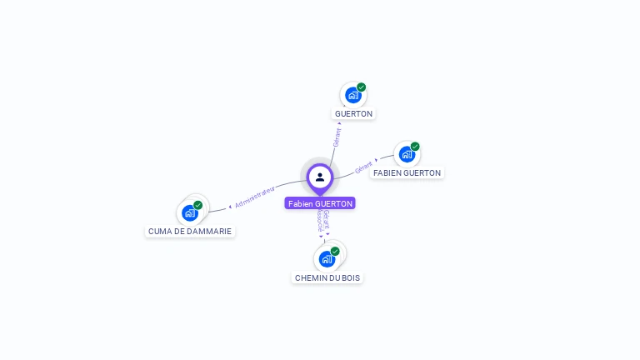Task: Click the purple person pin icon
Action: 320,177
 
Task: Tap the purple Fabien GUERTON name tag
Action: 320,203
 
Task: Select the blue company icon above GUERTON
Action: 353,95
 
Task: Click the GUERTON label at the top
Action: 354,113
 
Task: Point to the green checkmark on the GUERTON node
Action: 362,87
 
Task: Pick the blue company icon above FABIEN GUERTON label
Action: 407,154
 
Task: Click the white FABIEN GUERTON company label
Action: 407,172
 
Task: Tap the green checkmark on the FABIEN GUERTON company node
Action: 415,147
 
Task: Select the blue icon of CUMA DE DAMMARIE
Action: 190,212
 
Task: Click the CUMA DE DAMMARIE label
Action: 190,231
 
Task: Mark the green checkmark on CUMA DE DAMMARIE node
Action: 198,205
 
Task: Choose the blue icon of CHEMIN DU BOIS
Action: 327,258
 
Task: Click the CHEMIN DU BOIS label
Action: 327,277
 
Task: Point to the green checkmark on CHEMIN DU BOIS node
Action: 335,251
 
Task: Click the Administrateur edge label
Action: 255,197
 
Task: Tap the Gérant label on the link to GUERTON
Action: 337,137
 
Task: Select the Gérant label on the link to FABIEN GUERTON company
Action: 363,168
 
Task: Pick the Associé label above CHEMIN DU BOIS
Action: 320,222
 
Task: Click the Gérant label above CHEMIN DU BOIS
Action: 327,219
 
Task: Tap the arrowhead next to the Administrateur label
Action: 230,206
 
